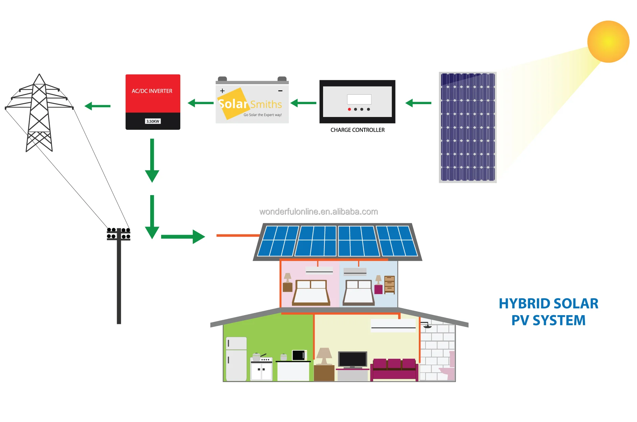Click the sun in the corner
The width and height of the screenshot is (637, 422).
pos(608,42)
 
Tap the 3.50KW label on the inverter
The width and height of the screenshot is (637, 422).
pos(153,121)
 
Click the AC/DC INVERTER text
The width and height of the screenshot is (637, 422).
pos(152,91)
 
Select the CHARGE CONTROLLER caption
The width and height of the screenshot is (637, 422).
pos(357,130)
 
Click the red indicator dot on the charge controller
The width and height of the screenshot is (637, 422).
pos(349,109)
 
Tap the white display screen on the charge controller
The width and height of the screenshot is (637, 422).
pos(359,99)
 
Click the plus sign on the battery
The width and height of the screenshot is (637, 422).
pos(222,91)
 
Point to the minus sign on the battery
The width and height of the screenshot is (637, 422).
pos(280,91)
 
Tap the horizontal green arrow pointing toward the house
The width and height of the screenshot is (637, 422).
pos(183,237)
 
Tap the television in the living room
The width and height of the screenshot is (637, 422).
pos(352,359)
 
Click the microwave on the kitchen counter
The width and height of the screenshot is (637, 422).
pos(299,355)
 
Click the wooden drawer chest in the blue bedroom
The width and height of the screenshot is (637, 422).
pos(389,284)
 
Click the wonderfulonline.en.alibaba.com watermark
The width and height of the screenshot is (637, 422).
pos(318,212)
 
